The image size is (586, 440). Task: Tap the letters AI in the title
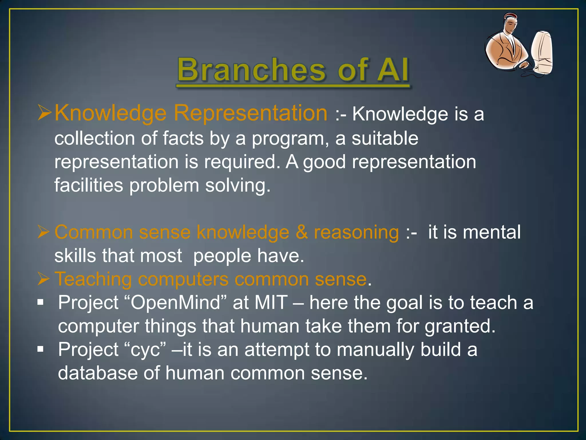(393, 70)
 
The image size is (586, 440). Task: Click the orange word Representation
(250, 113)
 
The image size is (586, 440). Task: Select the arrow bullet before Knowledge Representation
(44, 113)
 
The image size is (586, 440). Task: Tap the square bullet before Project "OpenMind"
(41, 302)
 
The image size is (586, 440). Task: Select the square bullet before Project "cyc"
(41, 349)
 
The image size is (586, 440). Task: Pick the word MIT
(271, 302)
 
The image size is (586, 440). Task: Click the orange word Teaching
(93, 279)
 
